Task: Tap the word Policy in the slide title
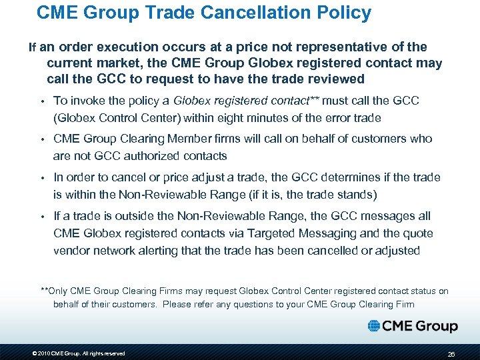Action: (x=343, y=12)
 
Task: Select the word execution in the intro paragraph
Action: (x=127, y=47)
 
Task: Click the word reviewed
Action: (x=338, y=79)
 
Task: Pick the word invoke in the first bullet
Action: (x=85, y=101)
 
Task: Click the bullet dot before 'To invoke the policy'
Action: (x=41, y=101)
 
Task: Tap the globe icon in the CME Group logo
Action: (x=374, y=326)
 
